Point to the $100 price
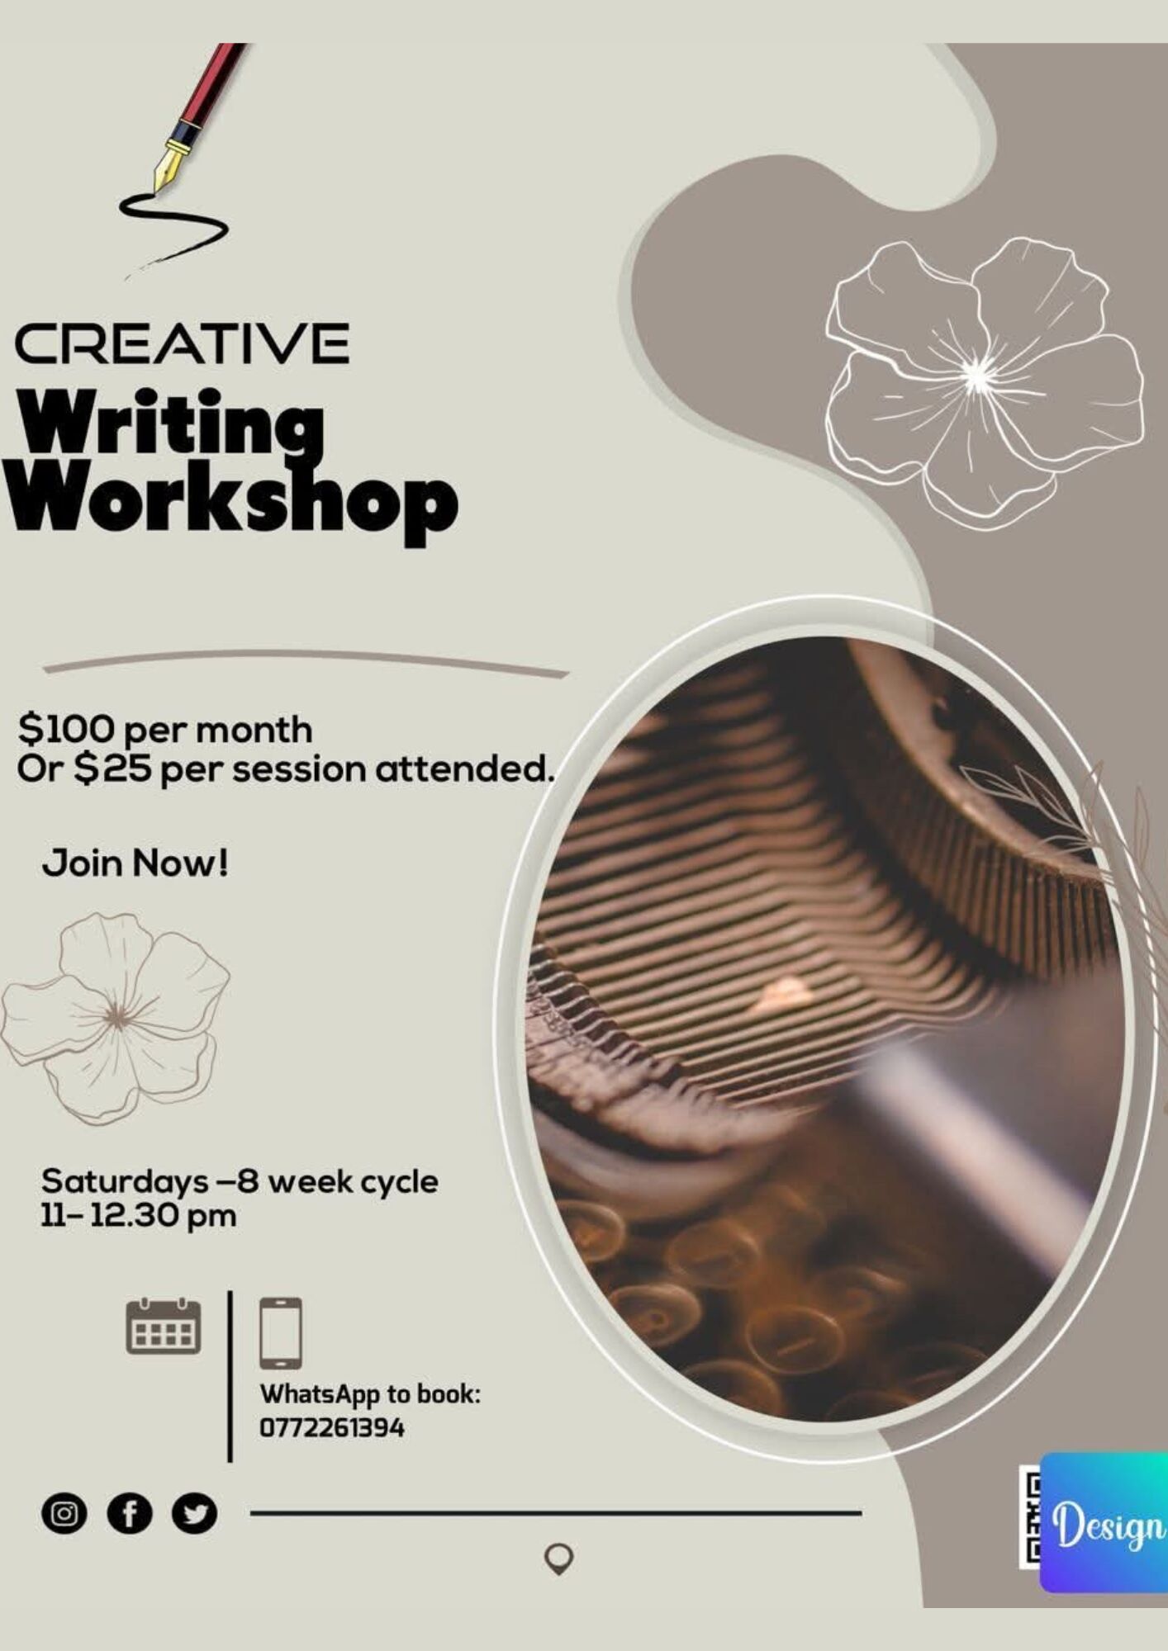(67, 728)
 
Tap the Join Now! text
(135, 863)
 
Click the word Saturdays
(125, 1182)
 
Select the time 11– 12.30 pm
(139, 1215)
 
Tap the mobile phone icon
(281, 1333)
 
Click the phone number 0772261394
(332, 1427)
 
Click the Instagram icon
(64, 1514)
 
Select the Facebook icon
(130, 1514)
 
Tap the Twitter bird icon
(194, 1514)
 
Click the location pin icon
(559, 1559)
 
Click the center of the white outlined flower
(977, 378)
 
